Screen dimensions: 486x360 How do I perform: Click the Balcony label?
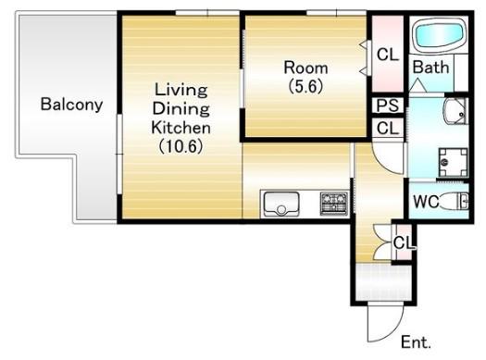[x=71, y=105]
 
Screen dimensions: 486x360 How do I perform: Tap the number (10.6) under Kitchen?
[x=181, y=146]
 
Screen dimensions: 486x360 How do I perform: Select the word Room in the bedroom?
[x=305, y=68]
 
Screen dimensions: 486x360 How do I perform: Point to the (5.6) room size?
[x=305, y=86]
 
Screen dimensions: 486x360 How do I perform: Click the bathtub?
[x=439, y=35]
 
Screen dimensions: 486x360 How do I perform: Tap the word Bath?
[x=430, y=68]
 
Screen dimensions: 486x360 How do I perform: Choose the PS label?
[x=388, y=106]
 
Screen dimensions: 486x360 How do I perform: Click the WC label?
[x=426, y=202]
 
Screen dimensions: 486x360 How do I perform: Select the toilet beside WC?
[x=455, y=202]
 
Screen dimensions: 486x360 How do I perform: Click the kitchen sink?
[x=281, y=204]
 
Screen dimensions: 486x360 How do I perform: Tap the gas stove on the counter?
[x=334, y=204]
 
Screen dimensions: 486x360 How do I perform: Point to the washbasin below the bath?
[x=455, y=112]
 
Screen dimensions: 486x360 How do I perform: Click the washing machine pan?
[x=453, y=163]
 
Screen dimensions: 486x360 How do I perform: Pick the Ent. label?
[x=416, y=342]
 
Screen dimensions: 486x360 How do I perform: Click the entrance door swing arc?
[x=394, y=331]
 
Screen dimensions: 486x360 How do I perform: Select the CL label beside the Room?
[x=388, y=55]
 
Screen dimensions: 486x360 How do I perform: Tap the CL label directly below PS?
[x=388, y=128]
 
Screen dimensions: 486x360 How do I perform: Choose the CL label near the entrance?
[x=404, y=242]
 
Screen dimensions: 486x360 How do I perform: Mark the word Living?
[x=181, y=90]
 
